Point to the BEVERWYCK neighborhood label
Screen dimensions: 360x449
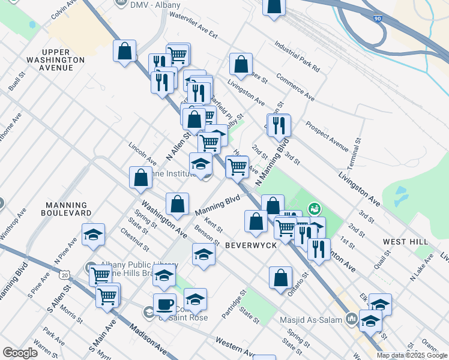coord(251,246)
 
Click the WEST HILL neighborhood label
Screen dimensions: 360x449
coord(406,241)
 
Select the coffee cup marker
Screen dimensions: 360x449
coord(164,304)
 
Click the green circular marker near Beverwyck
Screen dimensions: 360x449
coord(314,209)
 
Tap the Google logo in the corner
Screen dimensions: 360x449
coord(20,353)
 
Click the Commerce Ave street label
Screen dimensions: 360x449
coord(295,87)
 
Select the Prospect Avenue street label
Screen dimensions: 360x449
coord(327,137)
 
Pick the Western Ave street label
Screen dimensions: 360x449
coord(235,349)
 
